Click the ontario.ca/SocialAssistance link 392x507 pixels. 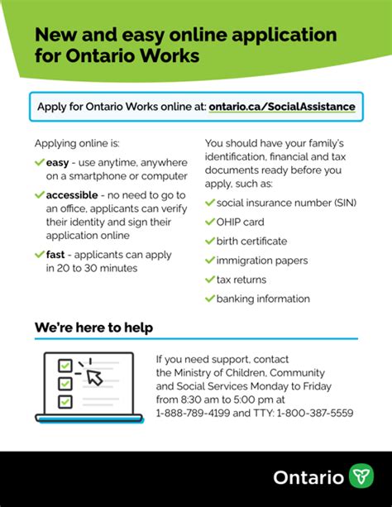pos(282,107)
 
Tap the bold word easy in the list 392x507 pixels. pos(58,163)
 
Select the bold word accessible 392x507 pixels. pos(75,194)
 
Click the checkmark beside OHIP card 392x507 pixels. pos(209,222)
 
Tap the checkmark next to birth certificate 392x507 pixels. pos(209,241)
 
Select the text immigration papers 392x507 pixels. pos(262,260)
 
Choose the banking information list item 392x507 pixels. pos(263,299)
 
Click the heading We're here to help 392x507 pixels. pos(93,328)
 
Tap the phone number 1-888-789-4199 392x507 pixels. pos(191,413)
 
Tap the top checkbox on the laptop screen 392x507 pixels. pos(64,365)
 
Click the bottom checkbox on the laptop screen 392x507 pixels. pos(64,401)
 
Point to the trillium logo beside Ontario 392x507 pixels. pos(360,477)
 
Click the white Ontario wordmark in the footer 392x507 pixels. pos(308,478)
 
